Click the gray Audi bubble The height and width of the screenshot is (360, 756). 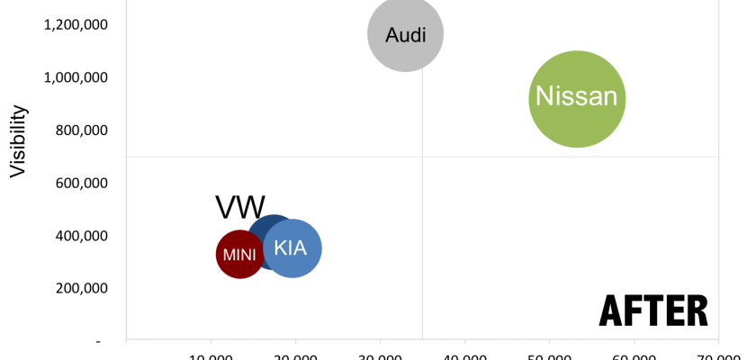(x=405, y=33)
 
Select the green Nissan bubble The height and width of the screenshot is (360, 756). (x=577, y=98)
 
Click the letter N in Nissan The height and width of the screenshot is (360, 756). (x=544, y=97)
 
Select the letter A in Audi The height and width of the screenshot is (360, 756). (x=391, y=35)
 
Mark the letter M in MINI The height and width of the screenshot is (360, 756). (x=228, y=255)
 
